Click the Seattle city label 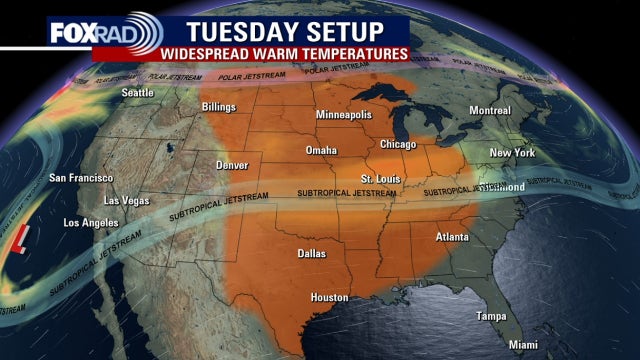click(x=139, y=94)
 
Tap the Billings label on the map click(x=218, y=106)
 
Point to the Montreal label click(x=489, y=110)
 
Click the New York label click(x=512, y=152)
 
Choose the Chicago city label click(x=397, y=144)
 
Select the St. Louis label click(x=380, y=178)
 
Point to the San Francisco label click(x=81, y=178)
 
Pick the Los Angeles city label click(x=96, y=222)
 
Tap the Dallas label click(x=312, y=254)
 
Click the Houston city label click(x=329, y=297)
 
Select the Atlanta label click(x=453, y=237)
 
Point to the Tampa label click(x=490, y=316)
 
